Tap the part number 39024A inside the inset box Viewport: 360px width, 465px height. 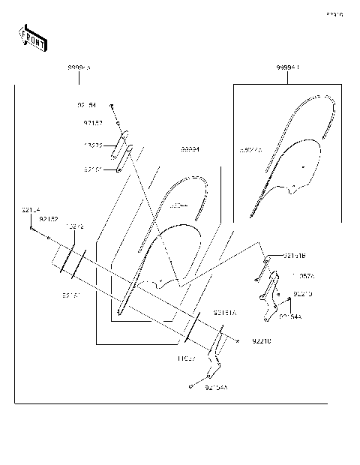(x=250, y=150)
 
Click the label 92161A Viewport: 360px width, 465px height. (x=225, y=312)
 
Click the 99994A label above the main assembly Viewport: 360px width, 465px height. (x=79, y=67)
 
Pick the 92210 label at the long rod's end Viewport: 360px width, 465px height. (x=261, y=341)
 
